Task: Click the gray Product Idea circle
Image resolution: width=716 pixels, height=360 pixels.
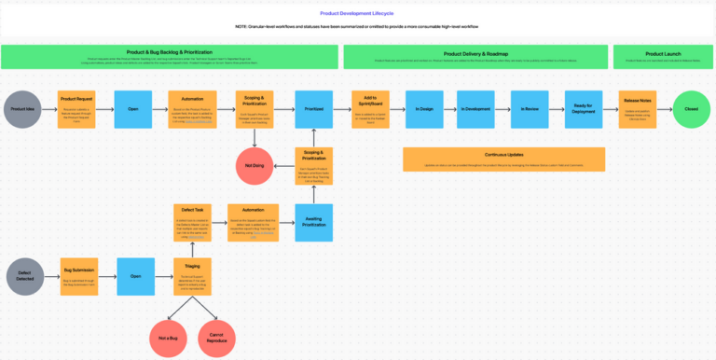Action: (x=23, y=109)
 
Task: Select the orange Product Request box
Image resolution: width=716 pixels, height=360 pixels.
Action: (x=76, y=109)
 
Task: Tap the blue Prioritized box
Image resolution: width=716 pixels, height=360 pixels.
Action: (x=313, y=109)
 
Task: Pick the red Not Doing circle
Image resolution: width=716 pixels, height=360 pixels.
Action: (x=254, y=166)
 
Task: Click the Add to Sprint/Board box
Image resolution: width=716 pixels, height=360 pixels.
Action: (x=370, y=109)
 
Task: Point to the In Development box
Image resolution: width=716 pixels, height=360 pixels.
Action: (x=477, y=109)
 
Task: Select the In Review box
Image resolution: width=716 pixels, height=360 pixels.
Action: (x=530, y=109)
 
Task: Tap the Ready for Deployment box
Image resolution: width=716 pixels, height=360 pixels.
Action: (x=584, y=109)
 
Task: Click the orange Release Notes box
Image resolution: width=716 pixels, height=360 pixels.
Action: (x=637, y=109)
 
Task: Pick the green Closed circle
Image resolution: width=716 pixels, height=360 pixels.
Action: (x=691, y=109)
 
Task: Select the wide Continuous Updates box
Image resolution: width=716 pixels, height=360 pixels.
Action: (x=490, y=159)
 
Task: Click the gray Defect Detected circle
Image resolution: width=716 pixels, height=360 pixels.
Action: (x=23, y=277)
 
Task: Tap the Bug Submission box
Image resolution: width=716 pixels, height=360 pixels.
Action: (x=78, y=277)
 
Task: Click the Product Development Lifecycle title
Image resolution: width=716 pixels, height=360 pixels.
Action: (x=357, y=14)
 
